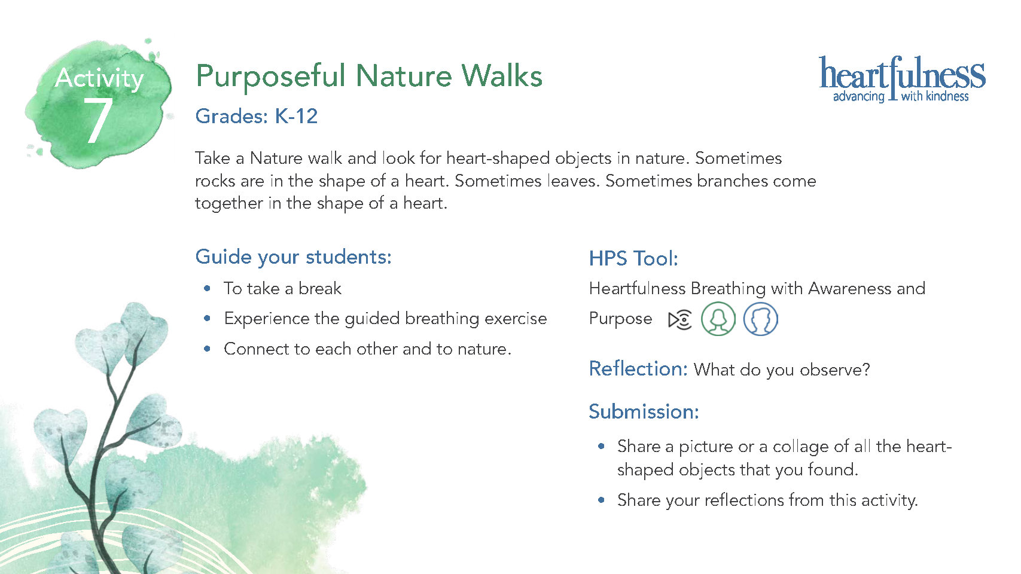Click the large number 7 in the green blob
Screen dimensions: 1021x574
[98, 121]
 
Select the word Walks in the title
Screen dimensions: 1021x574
[502, 75]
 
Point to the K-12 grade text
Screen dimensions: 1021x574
[296, 116]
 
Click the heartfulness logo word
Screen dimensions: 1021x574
[902, 73]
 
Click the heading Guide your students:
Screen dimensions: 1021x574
[294, 257]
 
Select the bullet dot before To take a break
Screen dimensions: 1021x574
[208, 288]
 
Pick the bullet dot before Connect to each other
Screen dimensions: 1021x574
[208, 349]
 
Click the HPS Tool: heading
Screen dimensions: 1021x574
[633, 258]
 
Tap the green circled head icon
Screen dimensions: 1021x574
[718, 319]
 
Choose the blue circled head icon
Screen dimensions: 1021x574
[760, 319]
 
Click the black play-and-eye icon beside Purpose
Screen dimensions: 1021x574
[680, 320]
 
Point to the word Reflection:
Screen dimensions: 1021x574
[638, 368]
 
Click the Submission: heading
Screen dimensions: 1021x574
[644, 411]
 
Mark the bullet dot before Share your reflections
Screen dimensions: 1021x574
[601, 500]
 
